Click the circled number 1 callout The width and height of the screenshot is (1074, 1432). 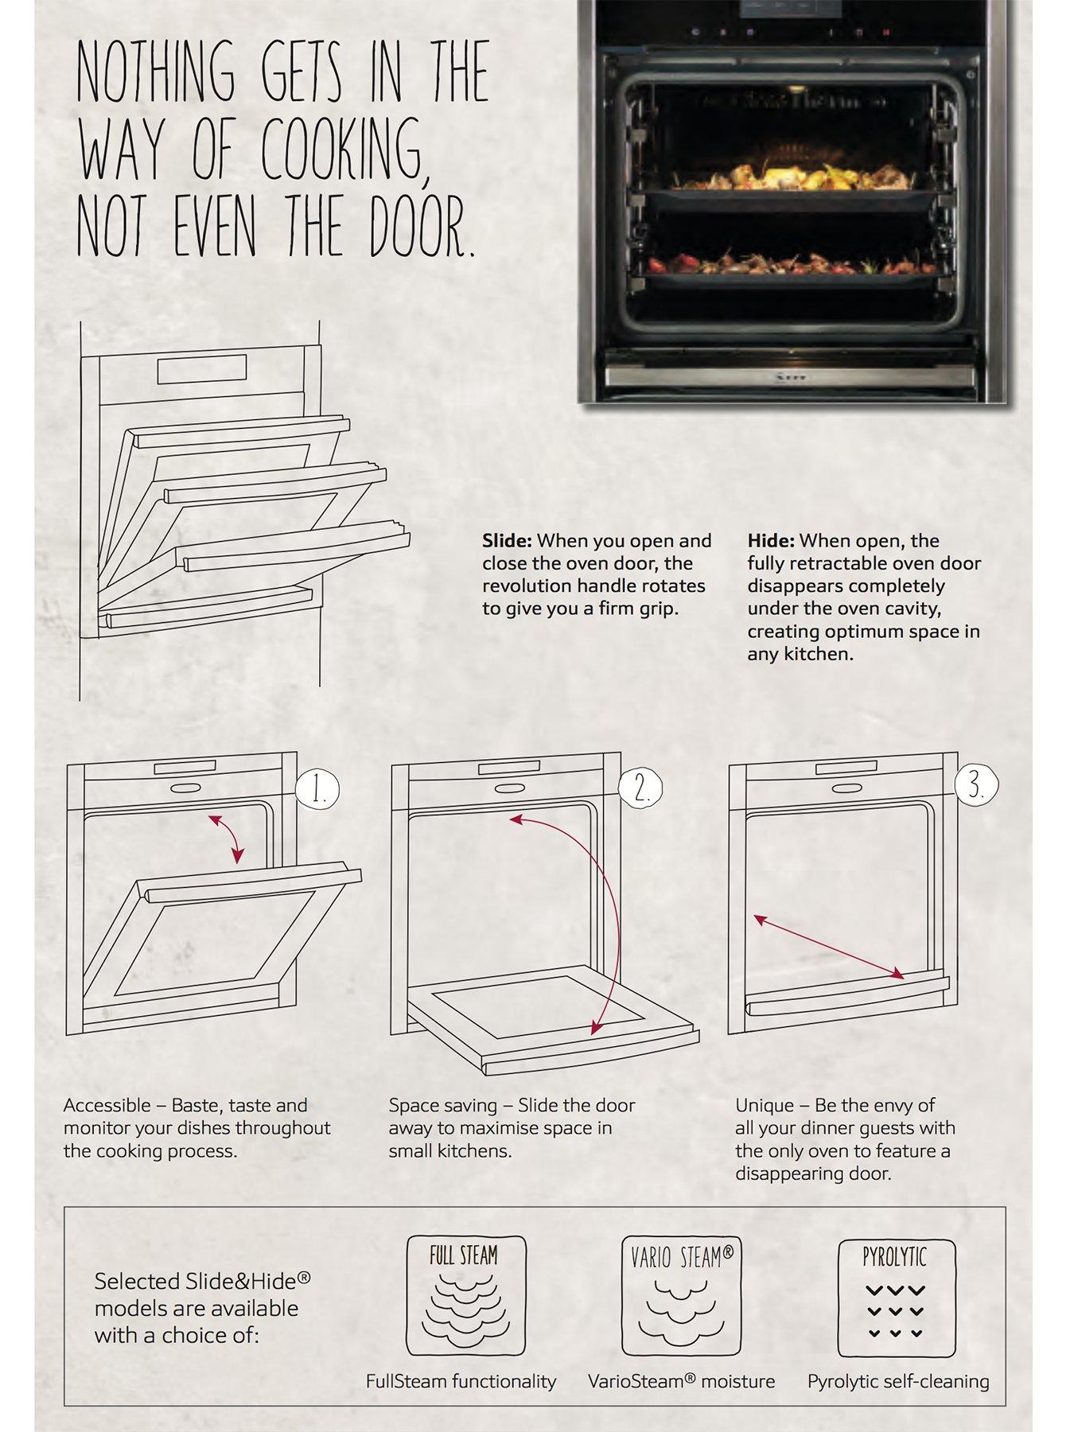click(x=317, y=790)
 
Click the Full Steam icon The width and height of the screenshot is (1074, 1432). click(x=465, y=1296)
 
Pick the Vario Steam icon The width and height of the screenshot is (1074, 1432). click(x=681, y=1296)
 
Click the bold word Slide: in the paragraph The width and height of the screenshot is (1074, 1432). click(x=507, y=541)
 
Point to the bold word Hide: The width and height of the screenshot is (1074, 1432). click(x=771, y=541)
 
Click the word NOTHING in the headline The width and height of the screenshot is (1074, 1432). click(x=156, y=71)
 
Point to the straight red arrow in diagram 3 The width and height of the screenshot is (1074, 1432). click(x=828, y=947)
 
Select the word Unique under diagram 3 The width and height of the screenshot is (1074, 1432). click(x=765, y=1105)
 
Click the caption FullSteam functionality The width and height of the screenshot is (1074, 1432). click(x=461, y=1381)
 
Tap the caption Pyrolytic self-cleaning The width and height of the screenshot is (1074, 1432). click(x=898, y=1382)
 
